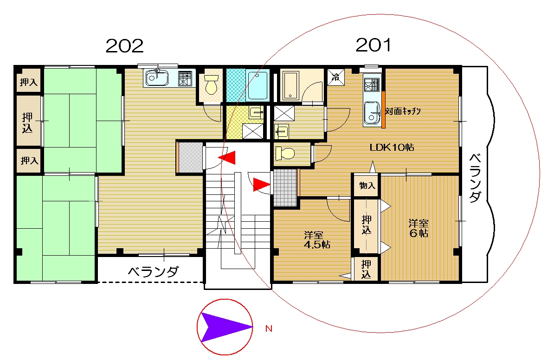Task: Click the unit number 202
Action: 124,45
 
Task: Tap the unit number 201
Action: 374,45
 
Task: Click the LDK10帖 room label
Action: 392,147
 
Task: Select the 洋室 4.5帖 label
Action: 317,240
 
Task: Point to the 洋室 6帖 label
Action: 419,228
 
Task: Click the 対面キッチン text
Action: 403,111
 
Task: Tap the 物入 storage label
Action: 367,186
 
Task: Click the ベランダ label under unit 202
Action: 153,272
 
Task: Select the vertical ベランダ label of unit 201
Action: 475,178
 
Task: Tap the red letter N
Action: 269,328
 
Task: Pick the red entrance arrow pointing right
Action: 262,185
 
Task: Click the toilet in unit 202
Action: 211,85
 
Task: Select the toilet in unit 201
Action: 285,153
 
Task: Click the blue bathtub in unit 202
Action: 258,85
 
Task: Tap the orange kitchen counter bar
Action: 383,109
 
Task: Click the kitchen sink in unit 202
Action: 157,78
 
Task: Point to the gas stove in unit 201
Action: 372,85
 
